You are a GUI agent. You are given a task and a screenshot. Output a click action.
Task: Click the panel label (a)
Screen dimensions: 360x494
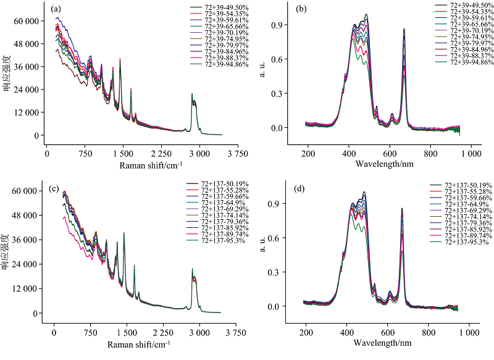(56, 9)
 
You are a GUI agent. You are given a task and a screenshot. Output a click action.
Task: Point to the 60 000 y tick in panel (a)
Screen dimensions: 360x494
(27, 21)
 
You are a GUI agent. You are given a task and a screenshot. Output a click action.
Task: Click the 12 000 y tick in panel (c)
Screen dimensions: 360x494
(27, 289)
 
